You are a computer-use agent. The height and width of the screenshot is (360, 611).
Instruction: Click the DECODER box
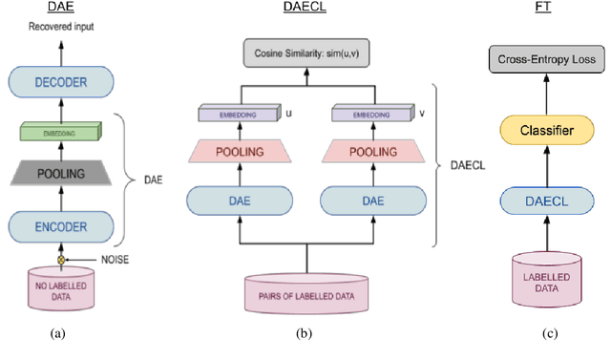(x=61, y=82)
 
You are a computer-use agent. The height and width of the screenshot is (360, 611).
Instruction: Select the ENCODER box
(x=61, y=227)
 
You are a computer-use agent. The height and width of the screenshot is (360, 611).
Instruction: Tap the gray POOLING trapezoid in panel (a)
(x=61, y=173)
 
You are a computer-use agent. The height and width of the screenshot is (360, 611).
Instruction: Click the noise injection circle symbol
(x=61, y=258)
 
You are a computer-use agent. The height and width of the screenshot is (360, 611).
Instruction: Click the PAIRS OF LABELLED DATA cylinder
(x=306, y=294)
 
